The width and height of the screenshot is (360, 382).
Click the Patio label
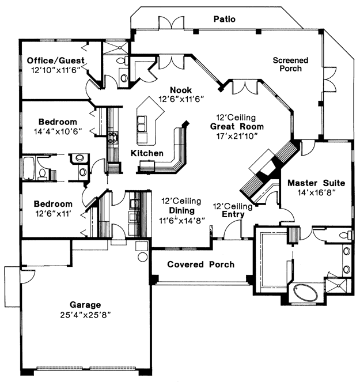pos(224,19)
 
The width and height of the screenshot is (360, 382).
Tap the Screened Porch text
pos(290,65)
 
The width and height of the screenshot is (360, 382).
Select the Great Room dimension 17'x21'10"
pos(237,136)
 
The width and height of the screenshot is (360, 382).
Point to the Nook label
pos(181,90)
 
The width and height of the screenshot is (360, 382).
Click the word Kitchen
pos(147,153)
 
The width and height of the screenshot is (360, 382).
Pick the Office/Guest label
pos(55,60)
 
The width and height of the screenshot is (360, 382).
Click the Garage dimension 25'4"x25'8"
pos(85,315)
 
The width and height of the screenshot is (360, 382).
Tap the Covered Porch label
pos(200,264)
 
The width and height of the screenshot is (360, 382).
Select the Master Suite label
pos(316,183)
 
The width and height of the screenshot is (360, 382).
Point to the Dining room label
pos(181,210)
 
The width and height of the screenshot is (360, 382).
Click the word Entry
pos(233,214)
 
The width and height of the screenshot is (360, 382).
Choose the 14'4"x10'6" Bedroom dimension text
pos(58,131)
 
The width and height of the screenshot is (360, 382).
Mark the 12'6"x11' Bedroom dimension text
pos(54,214)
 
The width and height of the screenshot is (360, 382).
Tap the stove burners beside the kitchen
pos(113,137)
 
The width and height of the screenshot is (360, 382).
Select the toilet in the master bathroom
pos(346,235)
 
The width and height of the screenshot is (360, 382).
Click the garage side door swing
pos(28,276)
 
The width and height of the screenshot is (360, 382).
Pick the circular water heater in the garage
pos(142,257)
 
